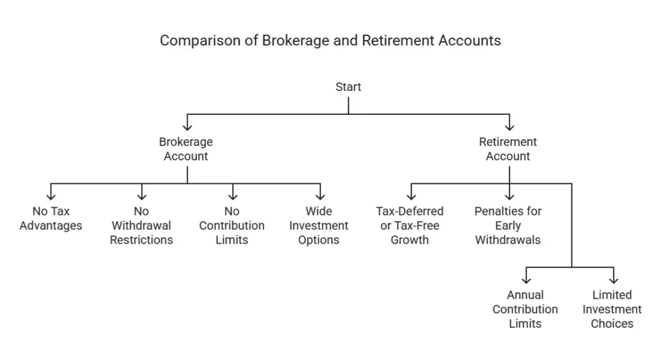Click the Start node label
pos(348,86)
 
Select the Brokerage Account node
pos(186,148)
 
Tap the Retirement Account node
pos(509,148)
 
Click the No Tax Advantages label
pos(51,218)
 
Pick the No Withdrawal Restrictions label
pos(141,225)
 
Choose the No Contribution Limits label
pos(232,225)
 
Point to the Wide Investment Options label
pos(319,225)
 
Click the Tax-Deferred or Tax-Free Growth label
pos(410,225)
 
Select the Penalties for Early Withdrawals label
pos(508,225)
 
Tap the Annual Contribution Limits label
pos(525,309)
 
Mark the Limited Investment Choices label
pos(612,309)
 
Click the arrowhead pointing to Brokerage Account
pos(187,126)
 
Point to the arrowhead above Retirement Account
pos(509,126)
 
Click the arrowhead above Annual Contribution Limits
pos(526,280)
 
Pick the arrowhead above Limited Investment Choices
pos(613,280)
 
